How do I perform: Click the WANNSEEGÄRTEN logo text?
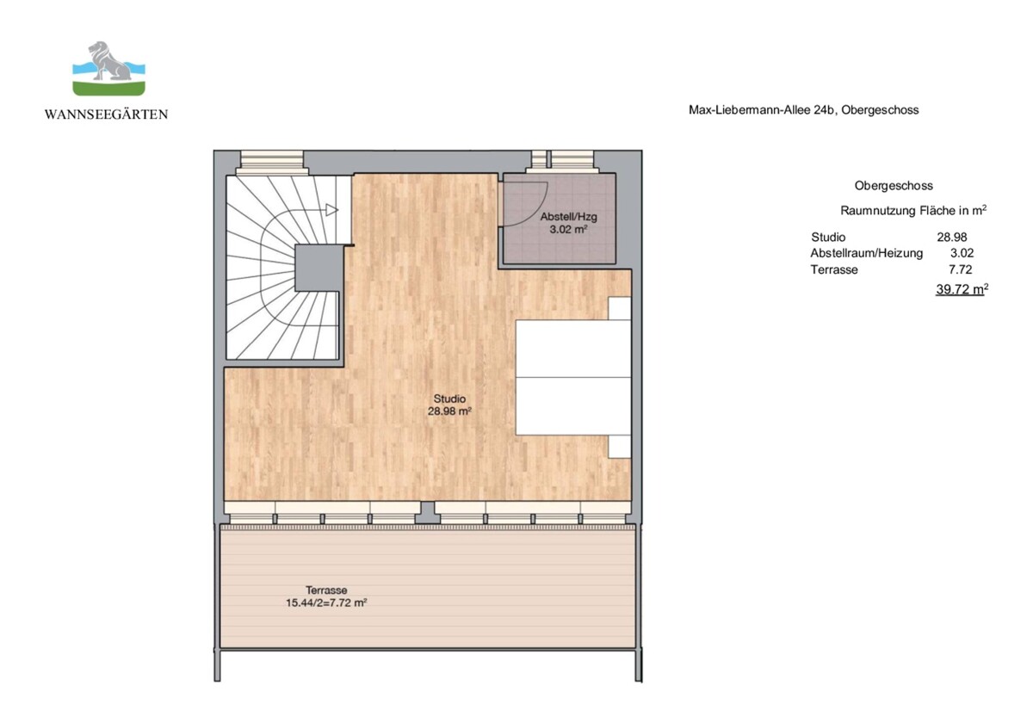coord(107,114)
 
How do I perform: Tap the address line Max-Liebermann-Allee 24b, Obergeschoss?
coord(804,110)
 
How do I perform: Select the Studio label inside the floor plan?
coord(449,399)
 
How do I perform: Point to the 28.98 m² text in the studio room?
coord(449,411)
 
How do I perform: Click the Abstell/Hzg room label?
coord(569,217)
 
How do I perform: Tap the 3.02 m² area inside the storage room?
coord(569,229)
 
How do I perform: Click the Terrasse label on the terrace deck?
coord(326,590)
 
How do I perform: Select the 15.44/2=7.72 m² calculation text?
coord(326,602)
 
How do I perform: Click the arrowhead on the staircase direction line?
coord(332,210)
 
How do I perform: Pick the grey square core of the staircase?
coord(319,268)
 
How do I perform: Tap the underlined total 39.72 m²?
coord(962,289)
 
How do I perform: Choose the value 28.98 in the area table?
coord(952,237)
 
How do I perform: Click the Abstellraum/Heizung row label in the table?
coord(867,253)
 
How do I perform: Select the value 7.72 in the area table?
coord(960,269)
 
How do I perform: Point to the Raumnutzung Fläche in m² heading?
coord(913,211)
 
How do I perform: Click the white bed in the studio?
coord(573,378)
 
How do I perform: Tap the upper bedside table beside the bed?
coord(620,308)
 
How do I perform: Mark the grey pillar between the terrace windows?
coord(428,513)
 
